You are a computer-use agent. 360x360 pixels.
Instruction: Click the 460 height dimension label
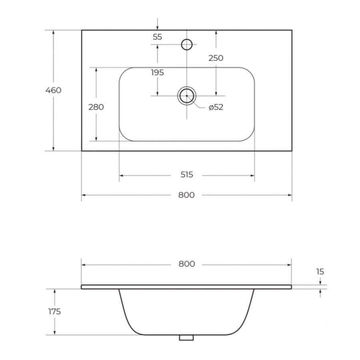point(53,90)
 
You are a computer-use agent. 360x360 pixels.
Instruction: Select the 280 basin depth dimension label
point(96,107)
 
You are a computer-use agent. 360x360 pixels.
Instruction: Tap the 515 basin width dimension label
point(187,175)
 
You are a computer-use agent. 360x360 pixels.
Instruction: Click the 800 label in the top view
point(186,195)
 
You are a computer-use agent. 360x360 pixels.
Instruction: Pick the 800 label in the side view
point(187,264)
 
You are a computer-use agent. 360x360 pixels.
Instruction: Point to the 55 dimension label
point(158,37)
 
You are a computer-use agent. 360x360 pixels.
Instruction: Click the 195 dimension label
point(158,72)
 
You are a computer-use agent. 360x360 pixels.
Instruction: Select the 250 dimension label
point(216,58)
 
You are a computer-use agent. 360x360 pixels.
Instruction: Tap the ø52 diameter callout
point(216,107)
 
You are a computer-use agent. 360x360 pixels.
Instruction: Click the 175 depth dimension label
point(54,312)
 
